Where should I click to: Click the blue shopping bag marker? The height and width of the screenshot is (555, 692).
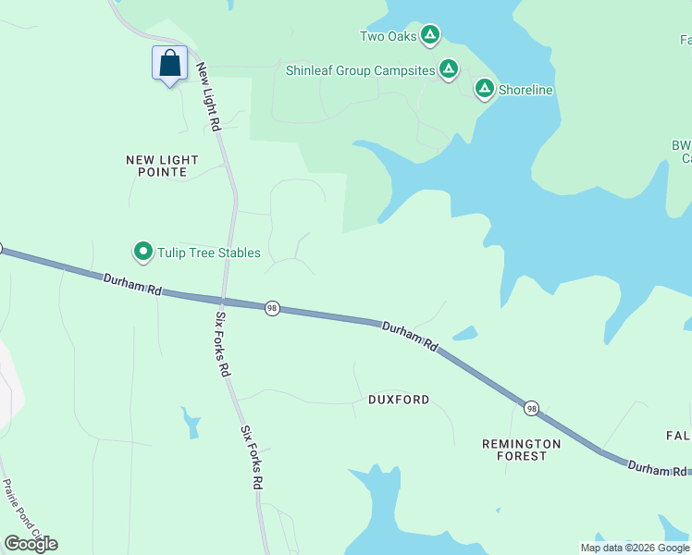(x=169, y=65)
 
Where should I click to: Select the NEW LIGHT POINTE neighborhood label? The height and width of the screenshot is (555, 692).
(x=163, y=166)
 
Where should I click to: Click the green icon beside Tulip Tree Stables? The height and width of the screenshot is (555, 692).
(x=143, y=252)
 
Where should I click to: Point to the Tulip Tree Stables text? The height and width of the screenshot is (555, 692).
(x=208, y=253)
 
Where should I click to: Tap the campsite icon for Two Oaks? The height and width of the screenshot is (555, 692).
(x=429, y=36)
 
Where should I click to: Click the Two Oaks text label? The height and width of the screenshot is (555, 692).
(x=389, y=37)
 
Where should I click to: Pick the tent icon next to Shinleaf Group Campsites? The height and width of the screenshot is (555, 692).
(x=449, y=69)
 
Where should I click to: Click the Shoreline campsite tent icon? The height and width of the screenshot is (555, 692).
(x=484, y=89)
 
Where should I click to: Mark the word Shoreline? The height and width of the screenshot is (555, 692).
(x=525, y=90)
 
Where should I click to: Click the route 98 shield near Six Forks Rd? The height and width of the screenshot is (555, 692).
(x=272, y=308)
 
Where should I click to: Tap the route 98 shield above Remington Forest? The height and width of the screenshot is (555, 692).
(x=531, y=408)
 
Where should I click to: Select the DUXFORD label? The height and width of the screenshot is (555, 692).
(x=399, y=400)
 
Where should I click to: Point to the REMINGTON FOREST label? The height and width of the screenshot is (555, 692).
(x=522, y=450)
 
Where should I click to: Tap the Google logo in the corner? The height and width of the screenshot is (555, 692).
(x=31, y=544)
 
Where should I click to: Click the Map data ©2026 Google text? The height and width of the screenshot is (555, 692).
(x=634, y=548)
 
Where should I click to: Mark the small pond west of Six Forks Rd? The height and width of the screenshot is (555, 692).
(x=192, y=422)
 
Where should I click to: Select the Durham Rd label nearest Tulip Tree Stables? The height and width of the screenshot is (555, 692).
(x=132, y=283)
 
